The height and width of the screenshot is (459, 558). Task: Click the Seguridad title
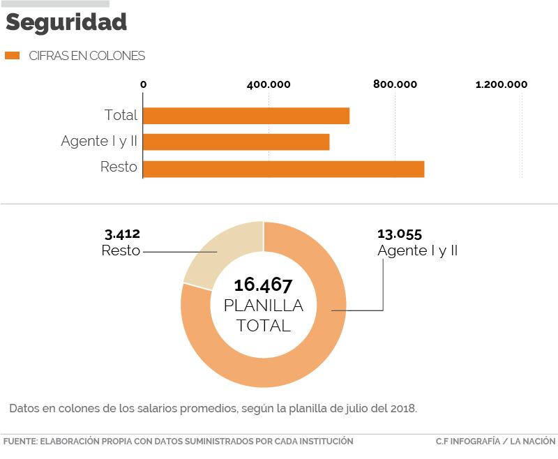click(66, 22)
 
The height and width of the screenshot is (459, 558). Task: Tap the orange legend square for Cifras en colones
click(12, 56)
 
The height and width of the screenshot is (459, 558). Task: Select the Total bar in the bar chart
click(246, 116)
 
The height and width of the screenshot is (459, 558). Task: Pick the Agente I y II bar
click(236, 142)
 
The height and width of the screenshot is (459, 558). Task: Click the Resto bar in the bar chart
click(284, 169)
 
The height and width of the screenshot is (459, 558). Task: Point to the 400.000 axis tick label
click(269, 85)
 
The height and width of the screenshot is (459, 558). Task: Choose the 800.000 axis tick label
click(395, 85)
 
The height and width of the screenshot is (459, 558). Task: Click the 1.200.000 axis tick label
click(502, 85)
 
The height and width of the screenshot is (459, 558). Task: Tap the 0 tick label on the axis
click(144, 85)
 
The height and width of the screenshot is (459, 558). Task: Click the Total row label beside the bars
click(121, 116)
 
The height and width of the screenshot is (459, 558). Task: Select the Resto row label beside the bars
click(119, 168)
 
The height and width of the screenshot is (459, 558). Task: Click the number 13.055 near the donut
click(400, 234)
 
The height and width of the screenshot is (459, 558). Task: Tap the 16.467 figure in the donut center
click(263, 285)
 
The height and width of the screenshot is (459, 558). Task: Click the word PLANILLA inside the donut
click(263, 306)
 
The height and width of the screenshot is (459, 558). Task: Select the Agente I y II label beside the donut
click(417, 251)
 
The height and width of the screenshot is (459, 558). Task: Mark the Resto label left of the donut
click(121, 251)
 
